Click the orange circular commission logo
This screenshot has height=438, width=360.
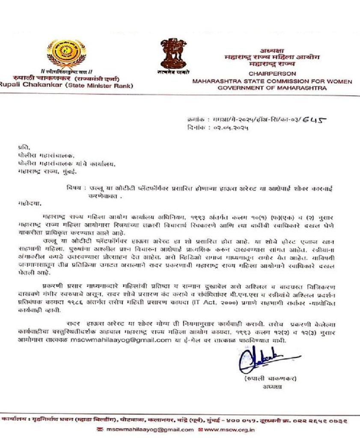(x=66, y=53)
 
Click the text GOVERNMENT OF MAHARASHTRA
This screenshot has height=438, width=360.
(x=272, y=88)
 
